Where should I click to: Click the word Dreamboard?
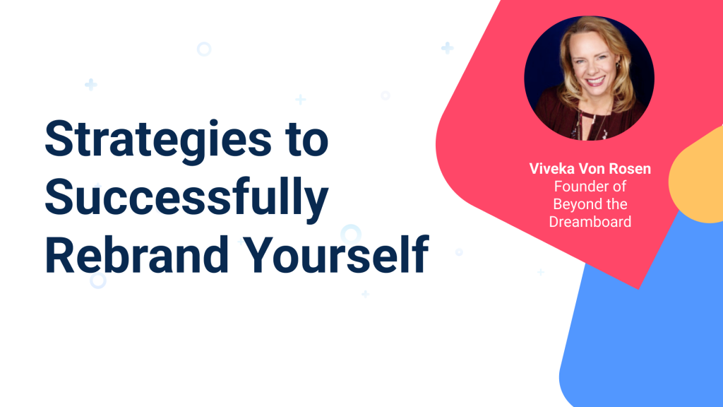(x=589, y=222)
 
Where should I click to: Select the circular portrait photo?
(x=589, y=77)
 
